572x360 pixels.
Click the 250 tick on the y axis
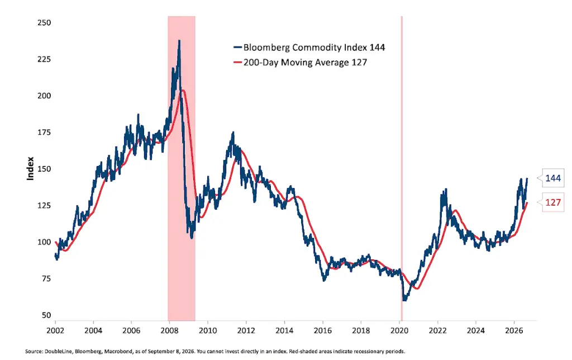pyautogui.click(x=44, y=22)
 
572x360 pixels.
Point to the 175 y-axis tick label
pyautogui.click(x=44, y=132)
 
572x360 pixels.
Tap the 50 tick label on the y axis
pyautogui.click(x=46, y=315)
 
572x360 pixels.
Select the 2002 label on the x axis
pyautogui.click(x=55, y=331)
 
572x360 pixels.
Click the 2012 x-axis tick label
pyautogui.click(x=246, y=331)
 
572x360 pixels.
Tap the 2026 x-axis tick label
pyautogui.click(x=514, y=331)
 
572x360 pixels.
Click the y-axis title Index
pyautogui.click(x=30, y=168)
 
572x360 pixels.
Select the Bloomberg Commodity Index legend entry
pyautogui.click(x=309, y=48)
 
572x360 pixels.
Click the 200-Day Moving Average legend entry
pyautogui.click(x=300, y=63)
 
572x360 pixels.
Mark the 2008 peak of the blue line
pyautogui.click(x=179, y=40)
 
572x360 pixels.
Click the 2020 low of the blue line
pyautogui.click(x=404, y=300)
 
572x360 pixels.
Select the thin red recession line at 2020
pyautogui.click(x=402, y=168)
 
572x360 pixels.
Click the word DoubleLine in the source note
pyautogui.click(x=57, y=352)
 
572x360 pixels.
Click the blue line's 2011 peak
pyautogui.click(x=233, y=132)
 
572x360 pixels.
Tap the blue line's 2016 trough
pyautogui.click(x=324, y=280)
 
